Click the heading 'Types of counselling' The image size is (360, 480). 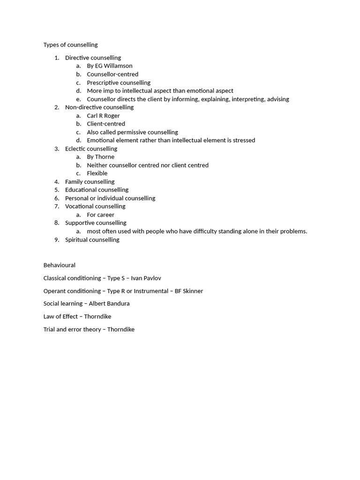point(70,45)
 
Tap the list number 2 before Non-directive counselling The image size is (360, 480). point(56,107)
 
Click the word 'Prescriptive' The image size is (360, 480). point(103,82)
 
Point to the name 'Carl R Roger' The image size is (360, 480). point(103,116)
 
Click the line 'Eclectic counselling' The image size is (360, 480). point(91,149)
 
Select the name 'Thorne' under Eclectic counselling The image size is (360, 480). point(105,157)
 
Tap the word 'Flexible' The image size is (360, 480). point(97,173)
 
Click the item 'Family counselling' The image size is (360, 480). point(90,182)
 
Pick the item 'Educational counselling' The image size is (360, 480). point(97,190)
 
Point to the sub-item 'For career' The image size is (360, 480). point(100,215)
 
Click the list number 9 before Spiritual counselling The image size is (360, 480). point(56,240)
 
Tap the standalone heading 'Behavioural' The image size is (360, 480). point(59,265)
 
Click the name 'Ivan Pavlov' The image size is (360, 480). point(146,278)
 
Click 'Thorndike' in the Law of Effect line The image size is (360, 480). point(97,316)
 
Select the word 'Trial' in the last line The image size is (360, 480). point(49,330)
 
